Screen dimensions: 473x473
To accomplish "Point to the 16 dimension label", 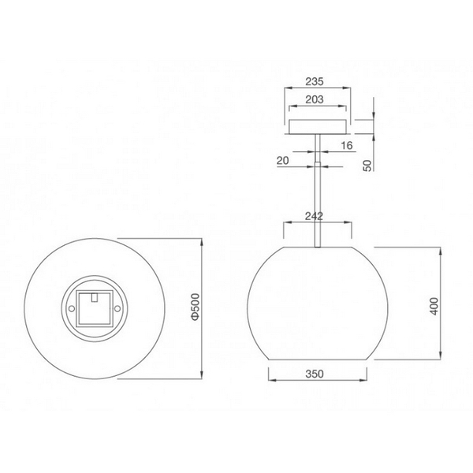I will pos(347,147).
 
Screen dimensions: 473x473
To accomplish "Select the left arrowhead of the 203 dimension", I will pos(289,108).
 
